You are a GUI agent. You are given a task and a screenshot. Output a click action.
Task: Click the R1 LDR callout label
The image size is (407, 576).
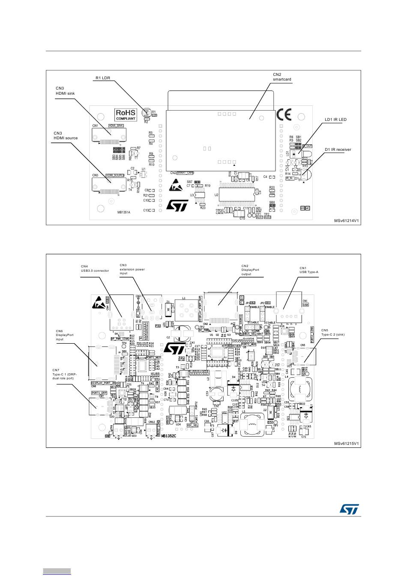(102, 78)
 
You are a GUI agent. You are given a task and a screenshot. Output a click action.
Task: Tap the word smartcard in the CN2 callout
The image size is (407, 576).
(282, 79)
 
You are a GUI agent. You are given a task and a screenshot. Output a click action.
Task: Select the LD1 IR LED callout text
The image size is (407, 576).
(335, 120)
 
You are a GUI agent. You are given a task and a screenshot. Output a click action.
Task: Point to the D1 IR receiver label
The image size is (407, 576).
(338, 150)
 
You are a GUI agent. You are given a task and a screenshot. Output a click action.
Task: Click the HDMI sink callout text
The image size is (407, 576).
(65, 93)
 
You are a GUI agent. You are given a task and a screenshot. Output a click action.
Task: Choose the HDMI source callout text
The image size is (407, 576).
(66, 138)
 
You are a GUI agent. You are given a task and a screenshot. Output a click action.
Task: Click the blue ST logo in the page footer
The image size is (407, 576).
(350, 509)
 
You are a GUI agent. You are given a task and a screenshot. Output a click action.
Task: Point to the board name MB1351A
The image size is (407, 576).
(124, 212)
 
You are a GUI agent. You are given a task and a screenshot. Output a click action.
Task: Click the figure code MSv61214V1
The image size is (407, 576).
(346, 221)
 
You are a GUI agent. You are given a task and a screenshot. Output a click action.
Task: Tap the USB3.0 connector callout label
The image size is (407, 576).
(95, 270)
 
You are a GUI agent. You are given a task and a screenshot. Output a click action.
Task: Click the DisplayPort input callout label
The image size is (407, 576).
(65, 335)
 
